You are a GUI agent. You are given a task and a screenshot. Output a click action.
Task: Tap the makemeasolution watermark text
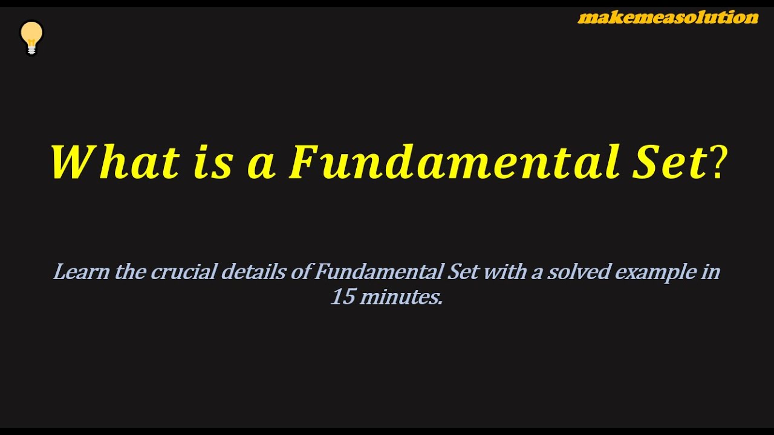tap(668, 18)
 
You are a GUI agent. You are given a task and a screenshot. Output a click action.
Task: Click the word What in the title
tap(115, 163)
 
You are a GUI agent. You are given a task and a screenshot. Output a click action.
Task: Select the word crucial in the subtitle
tap(183, 272)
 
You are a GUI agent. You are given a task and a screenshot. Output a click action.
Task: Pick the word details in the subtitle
tap(253, 272)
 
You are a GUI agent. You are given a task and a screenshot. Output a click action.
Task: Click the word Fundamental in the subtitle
tap(378, 272)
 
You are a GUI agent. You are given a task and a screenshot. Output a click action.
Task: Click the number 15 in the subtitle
tap(342, 297)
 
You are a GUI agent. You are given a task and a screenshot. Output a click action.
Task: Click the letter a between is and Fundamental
tap(261, 165)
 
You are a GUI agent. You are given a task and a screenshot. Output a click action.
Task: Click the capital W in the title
tap(74, 163)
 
